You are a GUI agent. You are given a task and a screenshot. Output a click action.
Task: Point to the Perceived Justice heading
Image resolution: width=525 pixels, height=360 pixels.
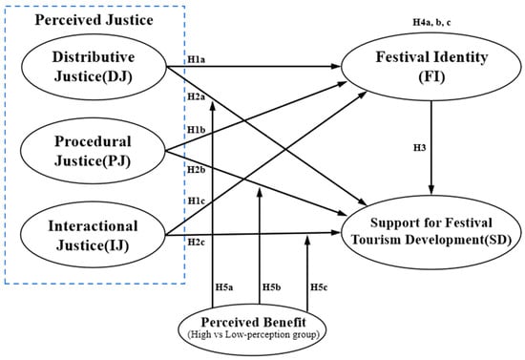tap(94, 20)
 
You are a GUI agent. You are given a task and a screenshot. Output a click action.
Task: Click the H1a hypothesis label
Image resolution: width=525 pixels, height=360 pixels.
tap(197, 60)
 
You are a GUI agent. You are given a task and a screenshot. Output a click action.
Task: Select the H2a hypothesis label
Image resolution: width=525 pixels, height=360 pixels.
tap(197, 96)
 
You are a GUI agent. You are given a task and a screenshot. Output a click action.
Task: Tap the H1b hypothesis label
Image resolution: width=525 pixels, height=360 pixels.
tap(197, 130)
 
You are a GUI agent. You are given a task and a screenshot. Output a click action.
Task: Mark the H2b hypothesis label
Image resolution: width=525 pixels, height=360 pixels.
tap(197, 169)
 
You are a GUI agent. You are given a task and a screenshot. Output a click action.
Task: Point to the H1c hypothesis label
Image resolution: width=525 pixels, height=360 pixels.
tap(197, 201)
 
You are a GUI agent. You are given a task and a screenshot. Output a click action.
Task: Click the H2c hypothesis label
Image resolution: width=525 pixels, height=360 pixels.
tap(197, 242)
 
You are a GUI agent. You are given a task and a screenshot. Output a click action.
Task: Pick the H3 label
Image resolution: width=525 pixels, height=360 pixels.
tap(420, 148)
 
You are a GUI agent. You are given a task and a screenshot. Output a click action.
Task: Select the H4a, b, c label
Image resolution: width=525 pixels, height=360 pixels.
tap(431, 22)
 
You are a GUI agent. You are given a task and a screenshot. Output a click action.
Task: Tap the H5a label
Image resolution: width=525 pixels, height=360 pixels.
tap(224, 287)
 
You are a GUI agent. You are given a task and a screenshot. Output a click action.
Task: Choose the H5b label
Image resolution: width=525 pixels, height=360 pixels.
tap(271, 287)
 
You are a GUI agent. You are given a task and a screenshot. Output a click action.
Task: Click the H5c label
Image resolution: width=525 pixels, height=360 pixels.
tap(319, 287)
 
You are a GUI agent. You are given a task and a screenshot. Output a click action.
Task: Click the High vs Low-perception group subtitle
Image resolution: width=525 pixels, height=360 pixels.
tap(253, 334)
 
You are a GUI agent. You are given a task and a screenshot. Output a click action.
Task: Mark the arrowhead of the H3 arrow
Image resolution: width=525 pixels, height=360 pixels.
tap(431, 191)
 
